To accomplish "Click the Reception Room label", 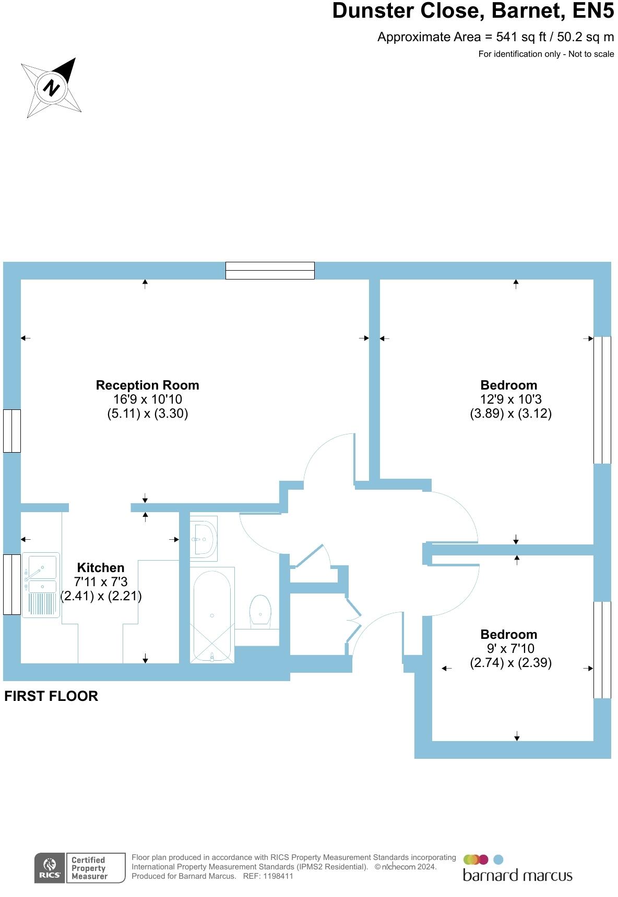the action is point(147,385).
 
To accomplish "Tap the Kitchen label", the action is point(101,568).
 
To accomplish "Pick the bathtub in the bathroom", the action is point(212,616).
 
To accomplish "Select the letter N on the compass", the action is point(51,87).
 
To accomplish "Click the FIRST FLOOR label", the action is point(51,696).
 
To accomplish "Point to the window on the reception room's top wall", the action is point(270,271).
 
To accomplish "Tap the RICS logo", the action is point(50,868).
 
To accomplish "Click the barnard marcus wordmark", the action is point(517,875).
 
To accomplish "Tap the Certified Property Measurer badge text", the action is point(89,868).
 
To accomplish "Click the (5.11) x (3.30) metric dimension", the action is point(147,414).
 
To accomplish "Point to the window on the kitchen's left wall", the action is point(12,584).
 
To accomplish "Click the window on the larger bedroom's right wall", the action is point(602,400).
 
